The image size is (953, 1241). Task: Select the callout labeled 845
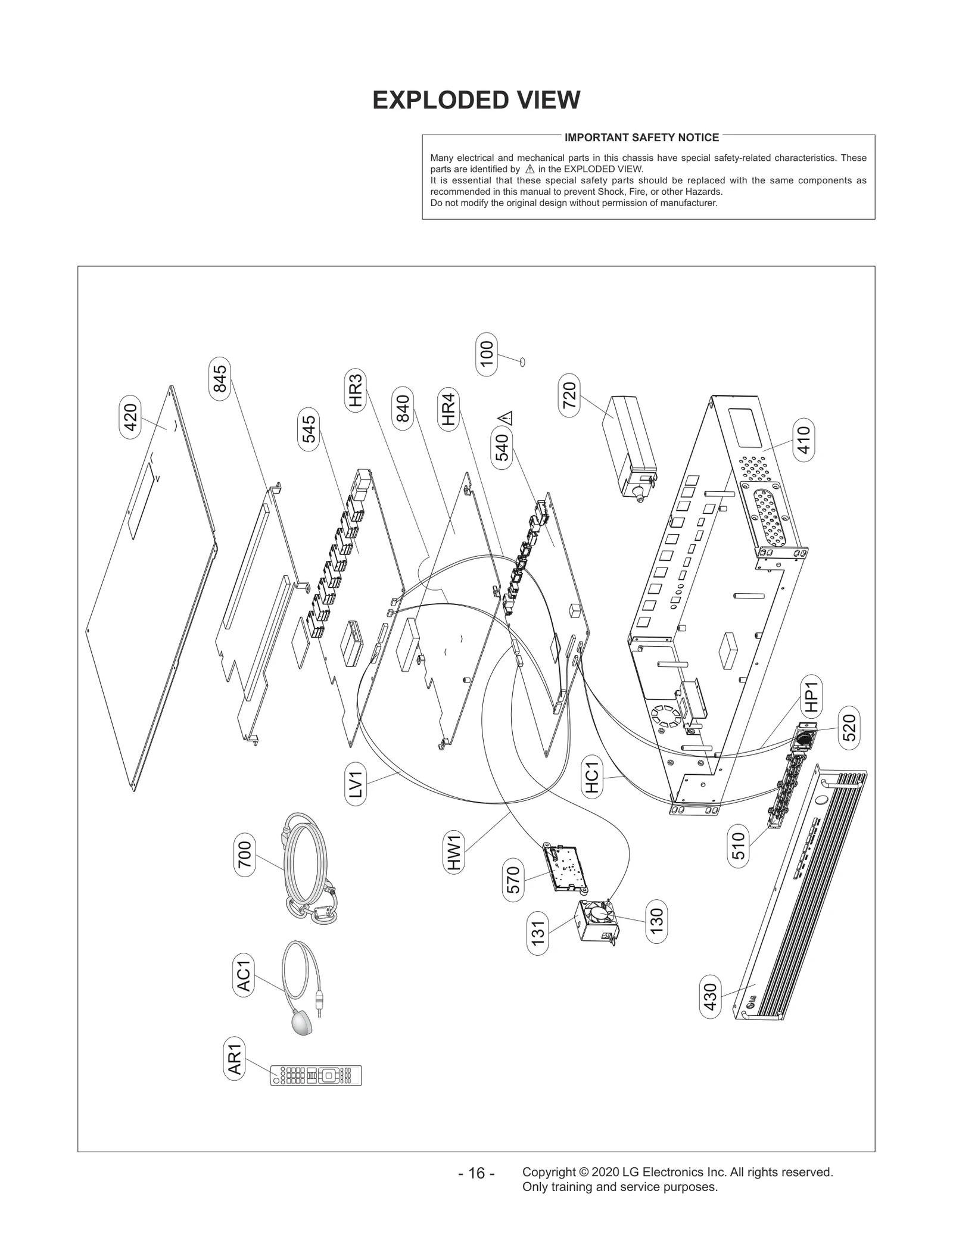pyautogui.click(x=220, y=379)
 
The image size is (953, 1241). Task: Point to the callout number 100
pyautogui.click(x=487, y=354)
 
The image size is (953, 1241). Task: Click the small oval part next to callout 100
pyautogui.click(x=522, y=361)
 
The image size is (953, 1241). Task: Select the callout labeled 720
pyautogui.click(x=569, y=395)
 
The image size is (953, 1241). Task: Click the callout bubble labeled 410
pyautogui.click(x=804, y=440)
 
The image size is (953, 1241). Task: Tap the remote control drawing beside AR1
pyautogui.click(x=316, y=1075)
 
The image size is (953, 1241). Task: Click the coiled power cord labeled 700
pyautogui.click(x=307, y=869)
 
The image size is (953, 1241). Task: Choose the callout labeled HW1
pyautogui.click(x=454, y=852)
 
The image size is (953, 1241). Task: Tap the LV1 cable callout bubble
pyautogui.click(x=356, y=785)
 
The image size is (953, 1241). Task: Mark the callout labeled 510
pyautogui.click(x=738, y=846)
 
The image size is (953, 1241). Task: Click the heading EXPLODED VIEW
pyautogui.click(x=476, y=100)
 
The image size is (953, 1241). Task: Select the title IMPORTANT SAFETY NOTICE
pyautogui.click(x=641, y=138)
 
